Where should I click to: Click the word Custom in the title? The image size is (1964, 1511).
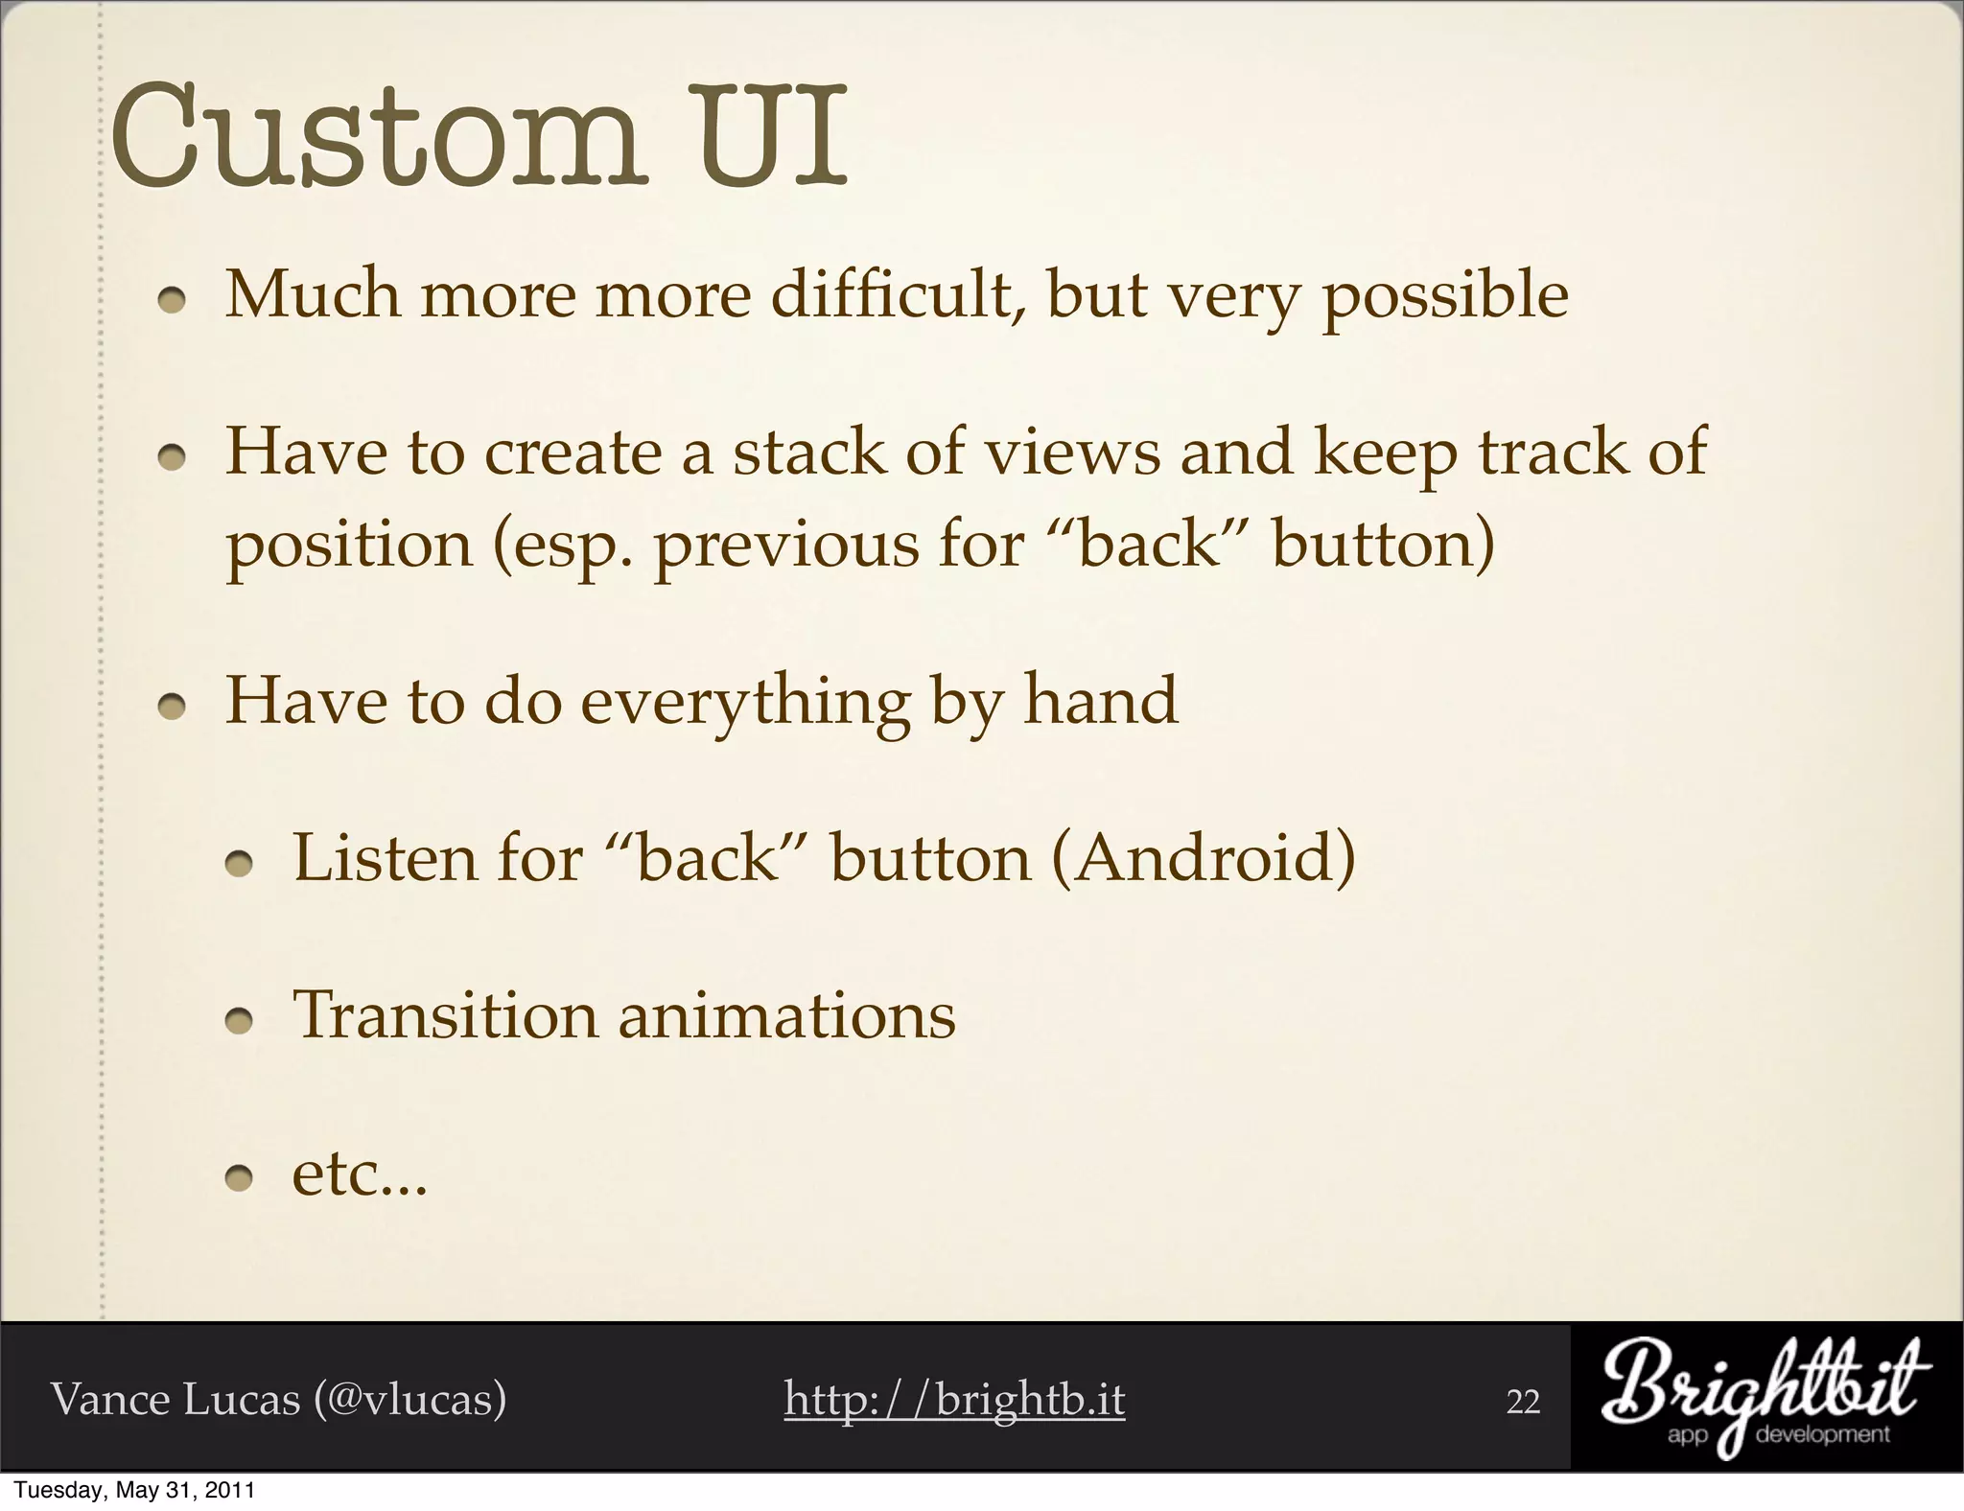374,137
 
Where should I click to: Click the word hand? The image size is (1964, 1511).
1100,700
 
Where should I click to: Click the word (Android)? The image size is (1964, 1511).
1204,857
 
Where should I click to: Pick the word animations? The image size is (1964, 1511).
787,1015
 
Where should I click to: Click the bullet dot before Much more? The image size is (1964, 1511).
172,303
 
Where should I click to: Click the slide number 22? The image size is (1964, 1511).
1523,1402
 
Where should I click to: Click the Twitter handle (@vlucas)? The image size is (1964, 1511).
409,1399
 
